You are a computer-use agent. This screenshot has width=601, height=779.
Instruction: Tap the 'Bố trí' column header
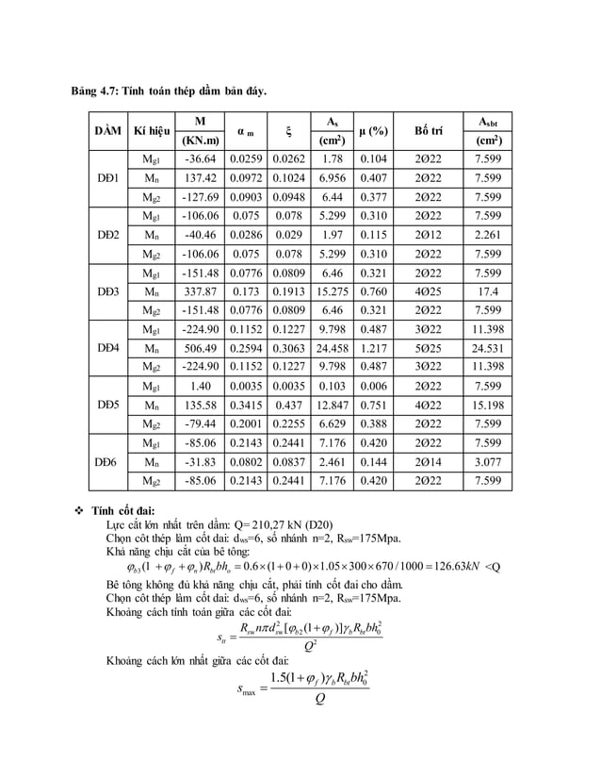[429, 131]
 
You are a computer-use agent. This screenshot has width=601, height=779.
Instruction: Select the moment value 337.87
[201, 291]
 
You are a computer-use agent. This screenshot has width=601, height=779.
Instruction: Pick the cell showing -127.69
[201, 197]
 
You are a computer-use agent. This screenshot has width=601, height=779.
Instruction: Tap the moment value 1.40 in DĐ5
[201, 387]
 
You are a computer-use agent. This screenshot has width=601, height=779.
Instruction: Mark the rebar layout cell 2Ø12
[429, 235]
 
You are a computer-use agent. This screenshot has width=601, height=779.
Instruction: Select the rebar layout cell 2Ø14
[429, 462]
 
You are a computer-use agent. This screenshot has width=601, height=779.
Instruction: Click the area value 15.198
[488, 406]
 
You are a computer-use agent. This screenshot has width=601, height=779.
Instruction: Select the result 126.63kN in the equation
[465, 566]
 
